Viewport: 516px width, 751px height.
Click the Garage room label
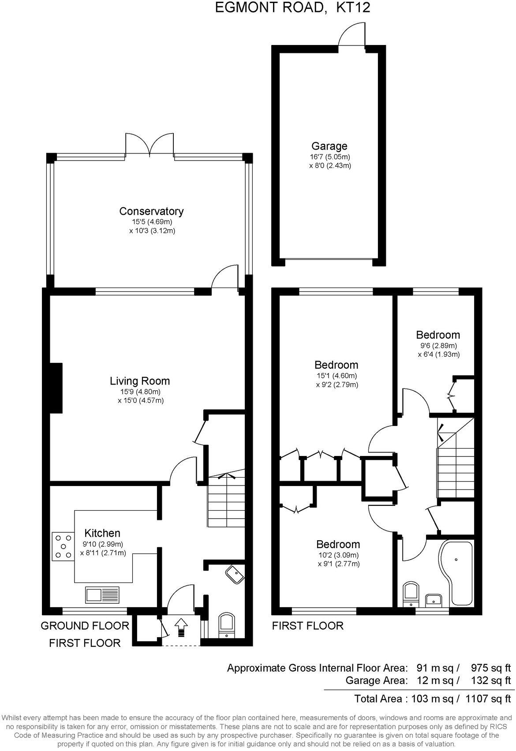[329, 146]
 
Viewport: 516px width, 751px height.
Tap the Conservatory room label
[151, 211]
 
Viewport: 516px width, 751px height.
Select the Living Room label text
[139, 381]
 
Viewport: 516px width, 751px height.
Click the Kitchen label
[102, 533]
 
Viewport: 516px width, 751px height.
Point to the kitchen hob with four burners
[63, 546]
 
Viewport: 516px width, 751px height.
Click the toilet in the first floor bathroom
[411, 594]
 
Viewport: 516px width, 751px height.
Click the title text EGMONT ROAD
[270, 7]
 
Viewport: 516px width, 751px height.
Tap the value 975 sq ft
[490, 668]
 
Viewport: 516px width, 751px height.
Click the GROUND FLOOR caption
[85, 625]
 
